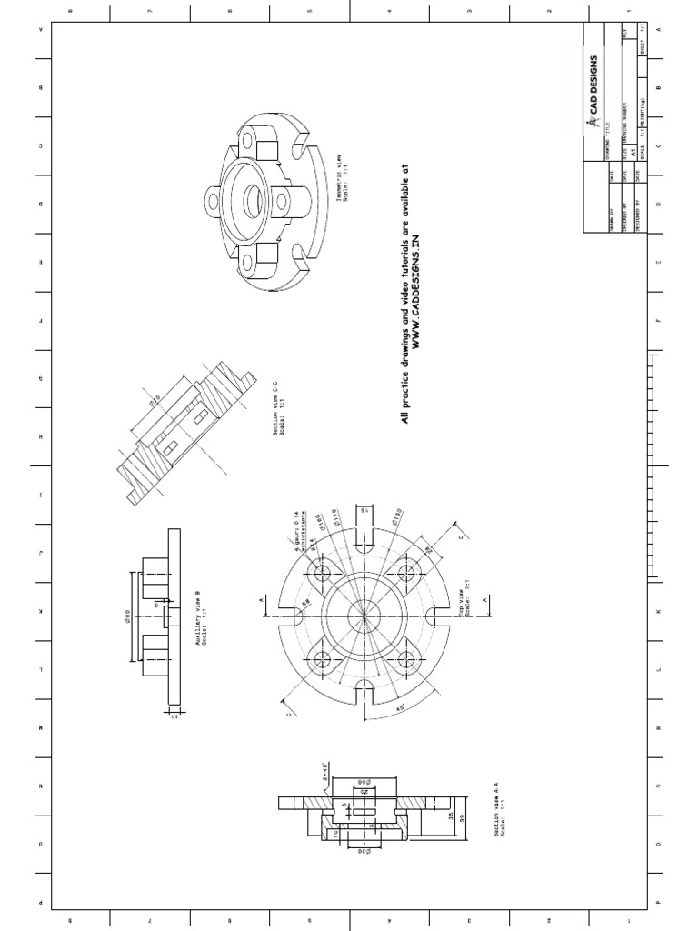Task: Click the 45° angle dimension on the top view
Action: click(x=398, y=705)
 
